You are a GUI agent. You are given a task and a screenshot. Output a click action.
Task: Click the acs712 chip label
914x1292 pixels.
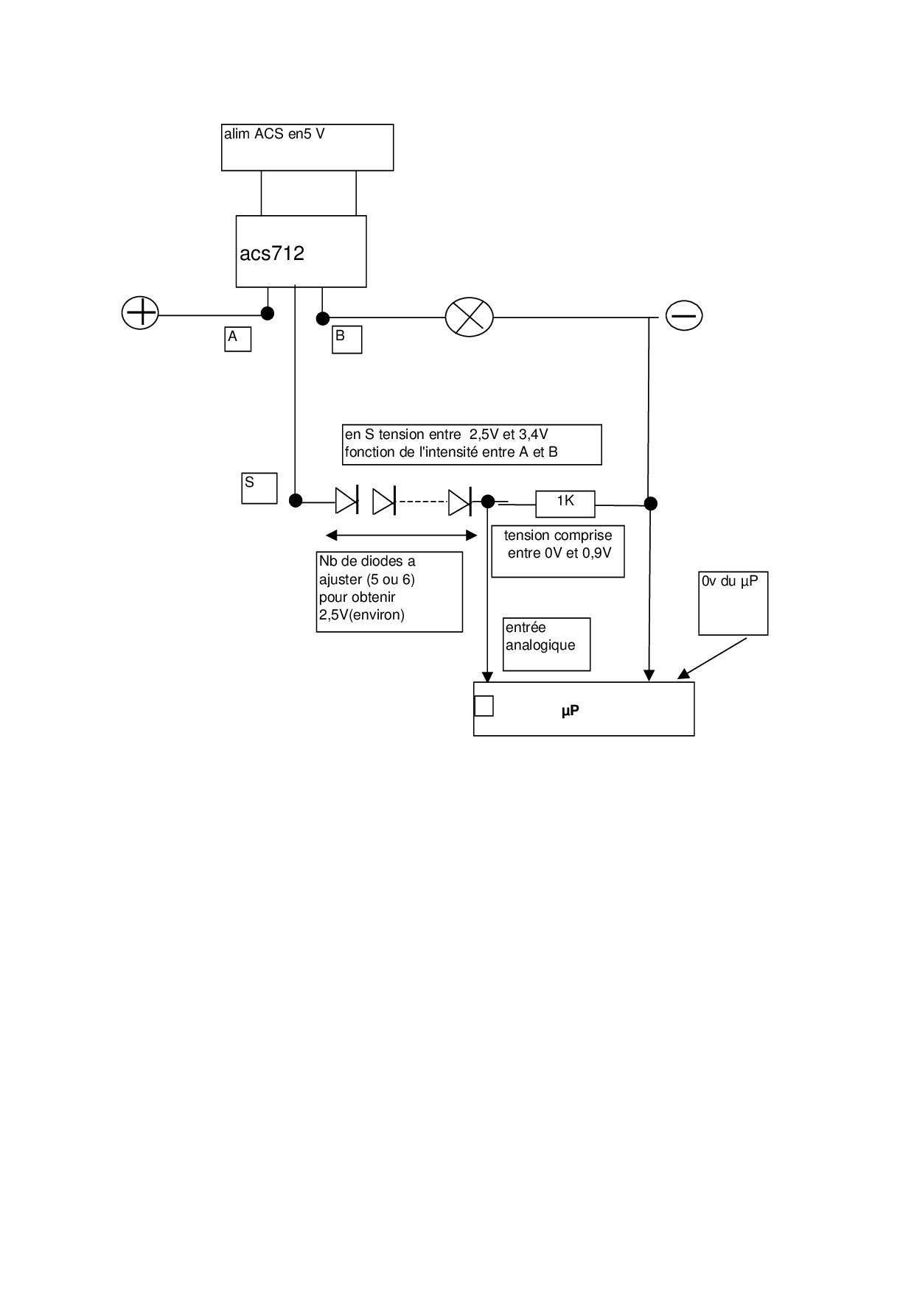tap(272, 253)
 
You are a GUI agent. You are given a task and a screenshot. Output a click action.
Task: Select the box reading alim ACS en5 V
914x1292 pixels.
tap(307, 147)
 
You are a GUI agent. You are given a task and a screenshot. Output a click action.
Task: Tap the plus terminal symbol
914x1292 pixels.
tap(140, 313)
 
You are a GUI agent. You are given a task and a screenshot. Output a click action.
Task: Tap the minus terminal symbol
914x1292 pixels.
tap(684, 315)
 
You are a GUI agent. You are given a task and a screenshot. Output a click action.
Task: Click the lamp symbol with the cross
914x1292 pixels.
tap(470, 317)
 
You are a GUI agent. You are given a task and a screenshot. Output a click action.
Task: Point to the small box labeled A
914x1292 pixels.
tap(237, 339)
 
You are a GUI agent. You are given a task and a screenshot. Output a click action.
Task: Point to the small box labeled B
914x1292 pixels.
tap(346, 340)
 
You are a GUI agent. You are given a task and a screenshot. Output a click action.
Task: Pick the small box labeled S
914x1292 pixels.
tap(259, 488)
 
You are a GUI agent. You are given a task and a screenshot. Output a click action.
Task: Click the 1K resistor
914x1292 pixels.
tap(565, 503)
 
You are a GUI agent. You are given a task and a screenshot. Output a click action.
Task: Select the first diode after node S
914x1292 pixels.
tap(346, 501)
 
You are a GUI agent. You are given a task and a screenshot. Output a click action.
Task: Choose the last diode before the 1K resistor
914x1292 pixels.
tap(459, 502)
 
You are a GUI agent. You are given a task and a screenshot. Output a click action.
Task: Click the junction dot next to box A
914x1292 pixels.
tap(268, 313)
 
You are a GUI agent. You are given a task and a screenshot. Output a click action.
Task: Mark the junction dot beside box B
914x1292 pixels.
tap(323, 318)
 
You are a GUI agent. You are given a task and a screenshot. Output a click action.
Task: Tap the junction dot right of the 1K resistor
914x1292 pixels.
tap(650, 503)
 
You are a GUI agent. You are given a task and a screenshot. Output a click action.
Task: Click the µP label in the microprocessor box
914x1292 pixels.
tap(570, 711)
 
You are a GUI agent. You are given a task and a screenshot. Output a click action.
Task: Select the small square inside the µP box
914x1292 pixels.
tap(484, 706)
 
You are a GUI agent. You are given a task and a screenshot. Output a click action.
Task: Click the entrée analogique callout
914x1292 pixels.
tap(546, 644)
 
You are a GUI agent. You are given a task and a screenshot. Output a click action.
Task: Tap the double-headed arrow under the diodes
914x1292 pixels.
tap(402, 535)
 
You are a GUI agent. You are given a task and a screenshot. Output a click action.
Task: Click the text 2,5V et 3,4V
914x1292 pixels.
tap(509, 435)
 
